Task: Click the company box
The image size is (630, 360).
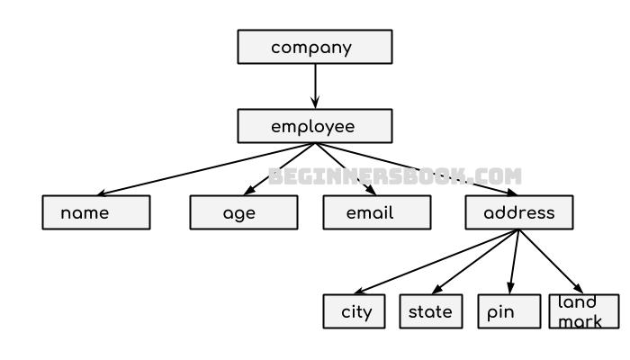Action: tap(314, 47)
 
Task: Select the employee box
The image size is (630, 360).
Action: tap(314, 126)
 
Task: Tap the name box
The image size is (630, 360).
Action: tap(95, 212)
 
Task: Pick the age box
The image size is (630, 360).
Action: tap(243, 212)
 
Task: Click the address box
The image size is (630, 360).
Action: tap(518, 212)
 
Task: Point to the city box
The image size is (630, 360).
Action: tap(355, 311)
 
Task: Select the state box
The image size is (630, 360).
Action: tap(430, 311)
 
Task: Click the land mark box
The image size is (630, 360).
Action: tap(584, 311)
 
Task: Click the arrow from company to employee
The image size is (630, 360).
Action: tap(314, 86)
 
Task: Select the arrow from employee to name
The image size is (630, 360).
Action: tap(207, 169)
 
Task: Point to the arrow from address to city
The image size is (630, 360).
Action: tap(423, 262)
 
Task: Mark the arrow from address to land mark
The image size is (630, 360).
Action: tap(551, 262)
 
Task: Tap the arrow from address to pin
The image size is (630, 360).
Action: tap(514, 262)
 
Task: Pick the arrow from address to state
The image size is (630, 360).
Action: tap(473, 262)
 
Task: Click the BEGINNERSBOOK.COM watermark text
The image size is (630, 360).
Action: tap(394, 176)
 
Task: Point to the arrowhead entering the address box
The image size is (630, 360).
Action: tap(510, 191)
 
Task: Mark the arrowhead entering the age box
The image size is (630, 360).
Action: tap(249, 189)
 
